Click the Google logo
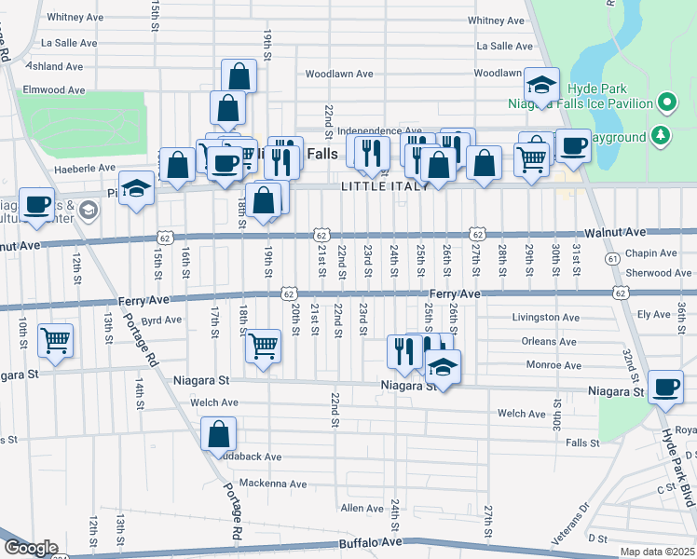coord(30,548)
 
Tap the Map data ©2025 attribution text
coord(658,552)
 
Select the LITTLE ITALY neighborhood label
coord(385,186)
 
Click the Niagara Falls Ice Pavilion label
coord(579,103)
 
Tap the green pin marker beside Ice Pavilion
coord(666,102)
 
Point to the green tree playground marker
coord(662,136)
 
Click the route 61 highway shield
coord(612,258)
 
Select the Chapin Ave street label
coord(652,253)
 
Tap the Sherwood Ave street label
coord(659,273)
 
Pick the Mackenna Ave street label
coord(272,484)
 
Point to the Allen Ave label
coord(362,509)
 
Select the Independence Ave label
coord(380,131)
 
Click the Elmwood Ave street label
coord(53,90)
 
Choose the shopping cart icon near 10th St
coord(56,340)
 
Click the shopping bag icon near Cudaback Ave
coord(218,434)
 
